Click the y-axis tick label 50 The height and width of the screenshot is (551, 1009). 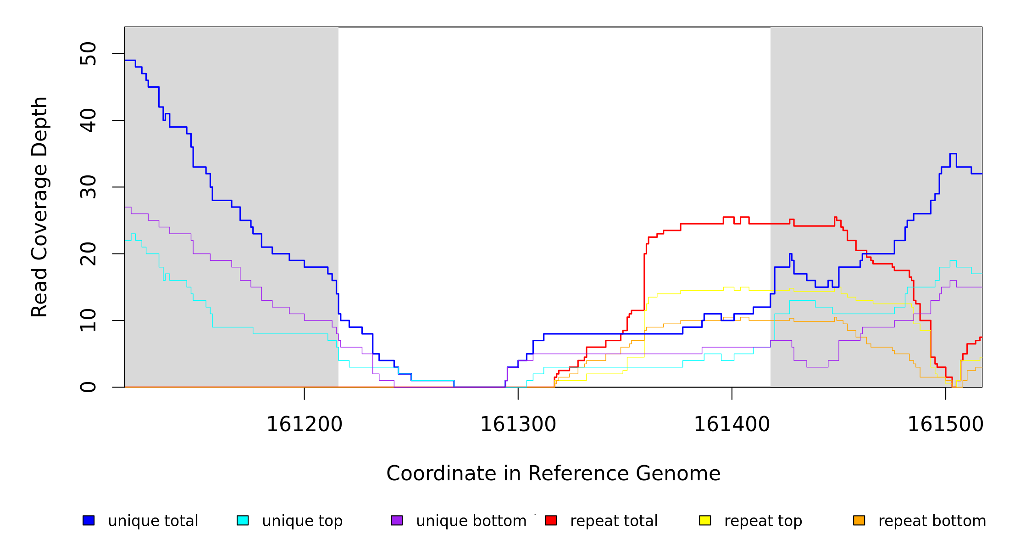tap(88, 54)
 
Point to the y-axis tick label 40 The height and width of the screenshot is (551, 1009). tap(88, 120)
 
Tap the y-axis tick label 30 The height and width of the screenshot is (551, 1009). tap(88, 187)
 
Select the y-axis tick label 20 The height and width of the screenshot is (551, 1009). tap(88, 253)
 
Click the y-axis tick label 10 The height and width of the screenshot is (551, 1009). tap(88, 320)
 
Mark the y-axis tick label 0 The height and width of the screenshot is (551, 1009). tap(88, 387)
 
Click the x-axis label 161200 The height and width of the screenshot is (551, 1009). tap(304, 424)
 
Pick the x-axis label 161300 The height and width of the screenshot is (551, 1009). tap(518, 424)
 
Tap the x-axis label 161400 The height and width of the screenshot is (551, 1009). tap(732, 424)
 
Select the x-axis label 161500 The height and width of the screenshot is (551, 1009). tap(945, 424)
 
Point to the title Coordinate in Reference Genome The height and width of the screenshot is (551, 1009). tap(553, 473)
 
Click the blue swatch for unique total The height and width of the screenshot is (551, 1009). tap(89, 520)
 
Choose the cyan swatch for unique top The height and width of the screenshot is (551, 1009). tap(243, 520)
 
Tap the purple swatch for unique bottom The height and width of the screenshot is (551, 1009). tap(397, 520)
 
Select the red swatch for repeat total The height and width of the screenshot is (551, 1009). tap(551, 520)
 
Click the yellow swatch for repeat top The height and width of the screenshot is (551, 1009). tap(705, 520)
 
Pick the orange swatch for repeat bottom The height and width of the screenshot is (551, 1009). tap(859, 520)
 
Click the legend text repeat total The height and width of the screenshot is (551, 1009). tap(614, 521)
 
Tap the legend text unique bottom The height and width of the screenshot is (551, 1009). tap(471, 521)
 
